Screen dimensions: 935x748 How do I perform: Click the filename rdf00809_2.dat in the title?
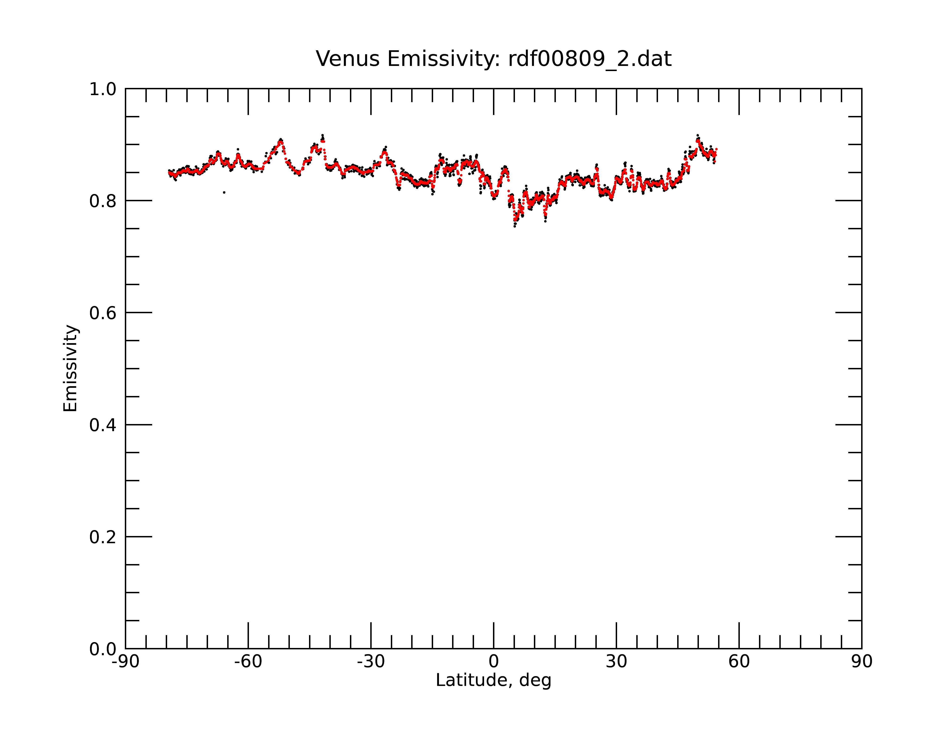(590, 59)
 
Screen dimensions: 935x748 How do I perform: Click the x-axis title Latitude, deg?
(493, 680)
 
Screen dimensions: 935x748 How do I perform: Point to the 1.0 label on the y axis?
(103, 89)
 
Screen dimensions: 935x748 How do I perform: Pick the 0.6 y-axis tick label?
(103, 313)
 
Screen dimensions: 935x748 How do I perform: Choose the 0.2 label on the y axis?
(103, 537)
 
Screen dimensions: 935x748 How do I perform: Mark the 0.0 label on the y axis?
(103, 649)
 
